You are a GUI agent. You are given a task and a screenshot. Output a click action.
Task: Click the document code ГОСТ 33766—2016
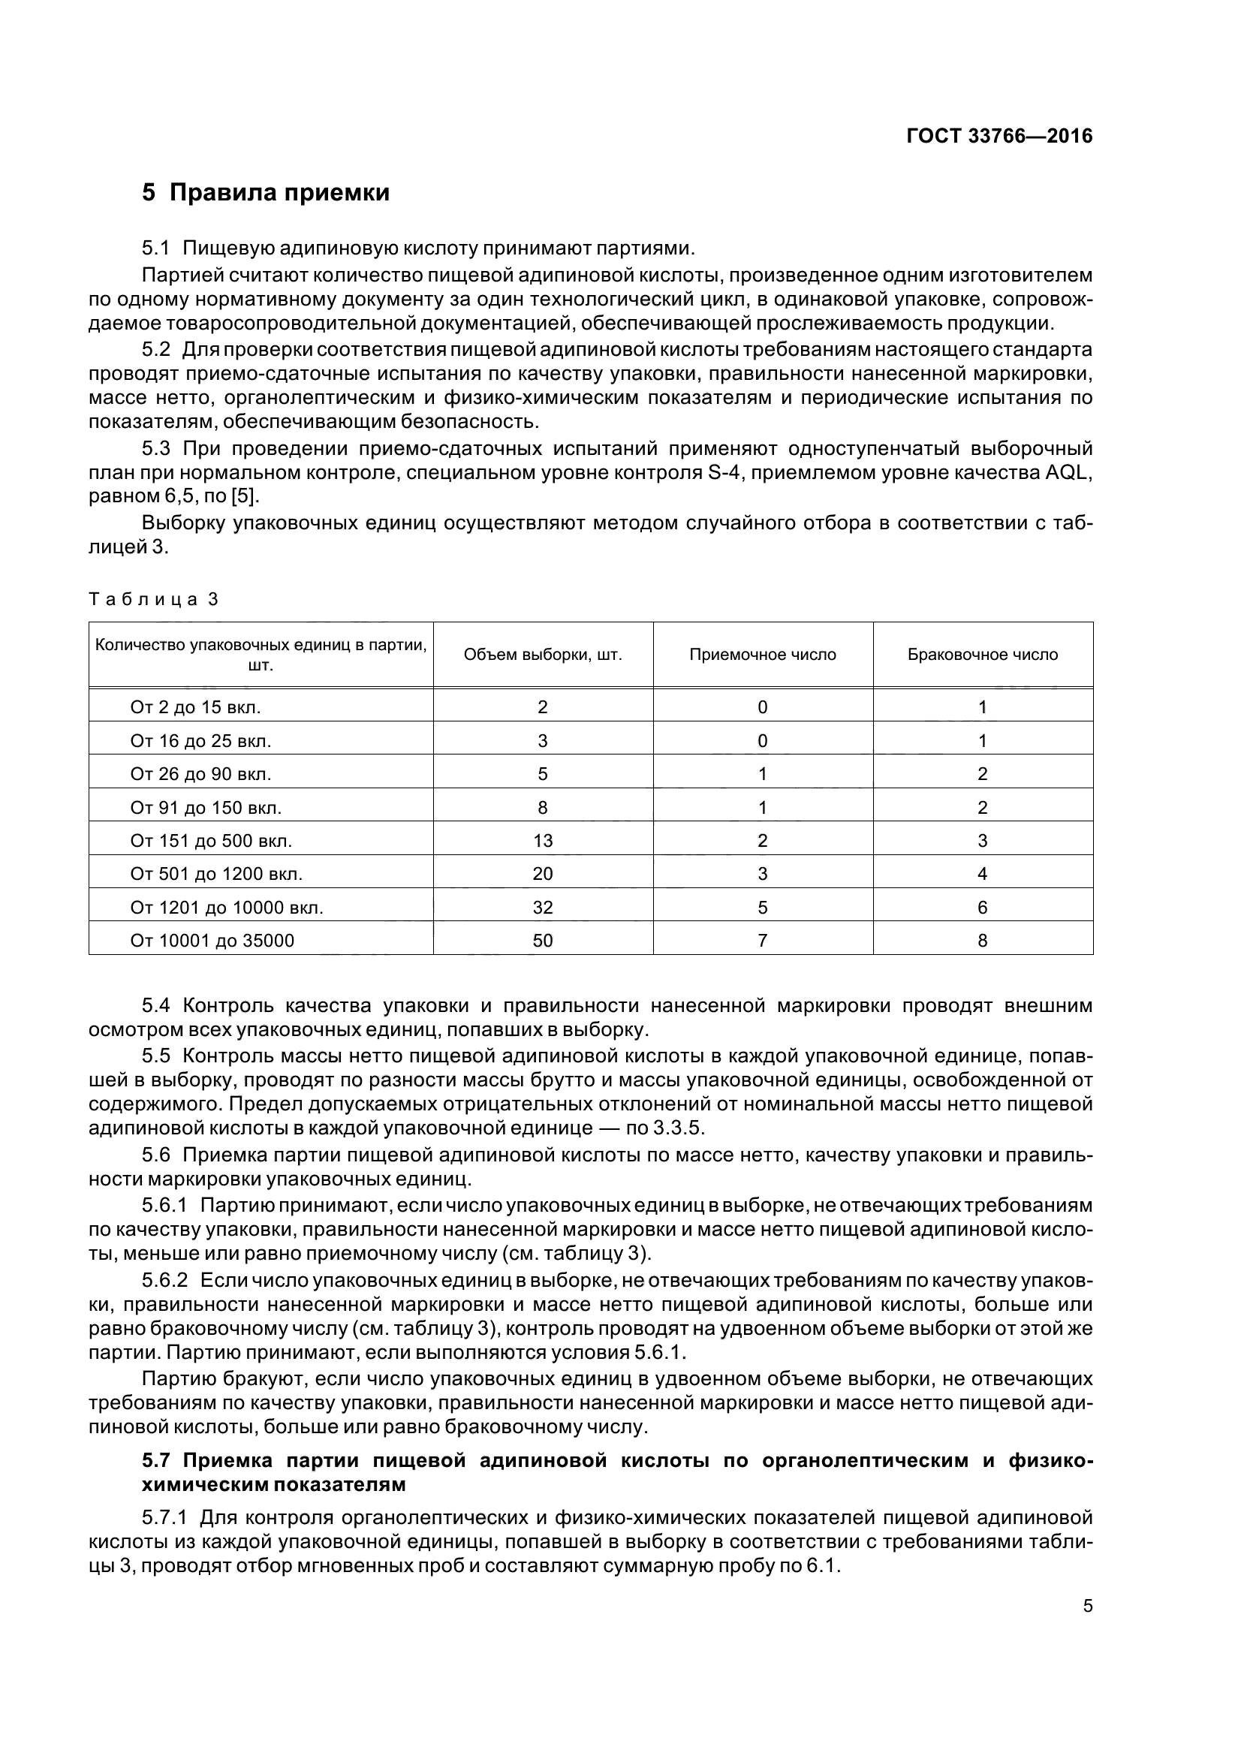(999, 136)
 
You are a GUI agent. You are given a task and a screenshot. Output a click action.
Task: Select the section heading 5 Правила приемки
(265, 192)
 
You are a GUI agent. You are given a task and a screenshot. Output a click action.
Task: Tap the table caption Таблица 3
(154, 599)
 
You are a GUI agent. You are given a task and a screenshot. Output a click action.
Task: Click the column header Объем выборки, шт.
(542, 655)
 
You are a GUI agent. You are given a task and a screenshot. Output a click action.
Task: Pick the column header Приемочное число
(762, 655)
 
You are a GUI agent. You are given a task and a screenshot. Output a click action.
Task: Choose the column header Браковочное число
(982, 655)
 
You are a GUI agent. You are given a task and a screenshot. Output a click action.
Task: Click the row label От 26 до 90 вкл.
(200, 774)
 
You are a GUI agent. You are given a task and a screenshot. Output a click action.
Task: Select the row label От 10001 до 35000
(212, 940)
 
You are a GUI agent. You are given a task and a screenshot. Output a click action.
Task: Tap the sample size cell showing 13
(542, 841)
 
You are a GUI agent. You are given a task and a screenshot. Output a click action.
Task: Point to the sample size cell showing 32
(542, 907)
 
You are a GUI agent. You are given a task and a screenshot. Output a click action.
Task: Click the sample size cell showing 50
(542, 940)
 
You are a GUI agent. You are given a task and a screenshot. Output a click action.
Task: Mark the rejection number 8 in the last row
(982, 940)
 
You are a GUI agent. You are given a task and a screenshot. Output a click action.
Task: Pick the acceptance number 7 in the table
(762, 940)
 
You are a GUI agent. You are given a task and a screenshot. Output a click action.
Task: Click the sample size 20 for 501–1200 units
(542, 873)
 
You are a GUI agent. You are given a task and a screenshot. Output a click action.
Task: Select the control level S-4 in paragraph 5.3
(718, 473)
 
